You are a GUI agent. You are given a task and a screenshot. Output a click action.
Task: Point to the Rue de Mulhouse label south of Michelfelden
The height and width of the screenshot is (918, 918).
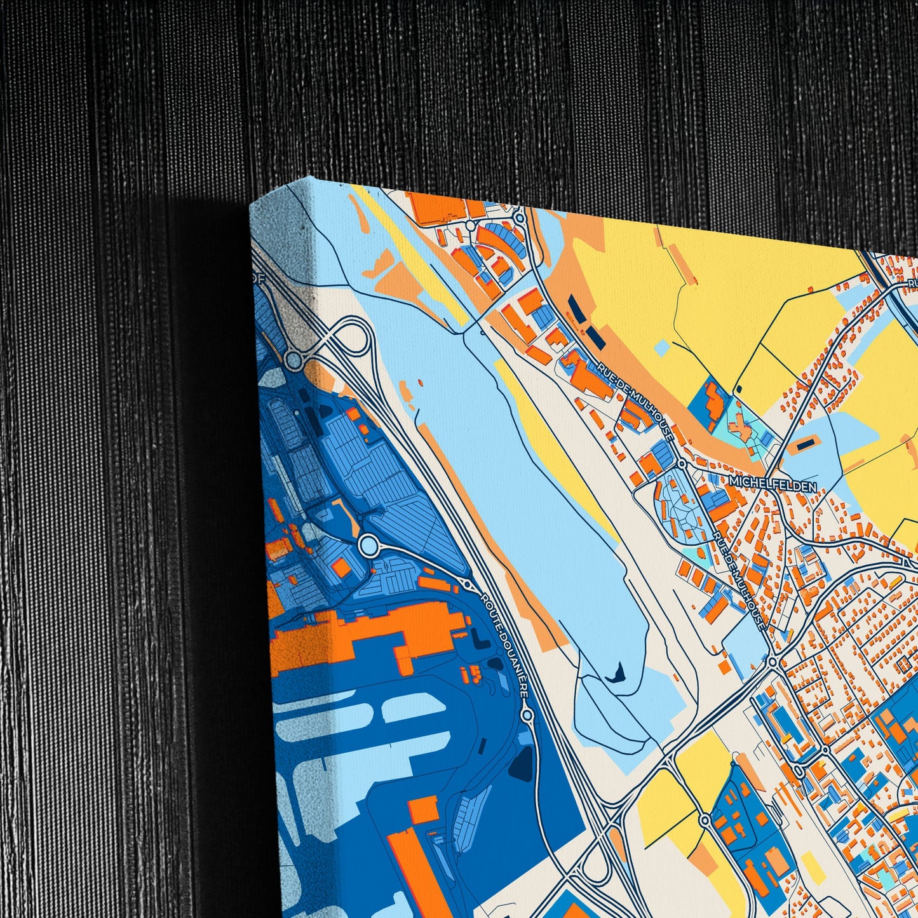(739, 581)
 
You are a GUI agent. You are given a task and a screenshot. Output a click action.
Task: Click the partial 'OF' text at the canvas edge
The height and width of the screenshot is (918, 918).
(258, 278)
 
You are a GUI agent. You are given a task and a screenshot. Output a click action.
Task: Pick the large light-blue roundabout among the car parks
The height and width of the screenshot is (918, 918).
(368, 544)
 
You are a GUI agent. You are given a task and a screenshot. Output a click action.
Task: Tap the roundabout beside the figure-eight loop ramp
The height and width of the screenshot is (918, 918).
(294, 360)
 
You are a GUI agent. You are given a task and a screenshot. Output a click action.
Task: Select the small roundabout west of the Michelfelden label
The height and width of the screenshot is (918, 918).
(682, 464)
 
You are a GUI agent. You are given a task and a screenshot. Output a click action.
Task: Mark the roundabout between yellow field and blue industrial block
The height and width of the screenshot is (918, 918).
(705, 820)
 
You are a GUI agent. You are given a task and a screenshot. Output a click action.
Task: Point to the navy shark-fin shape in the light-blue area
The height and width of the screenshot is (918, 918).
(616, 672)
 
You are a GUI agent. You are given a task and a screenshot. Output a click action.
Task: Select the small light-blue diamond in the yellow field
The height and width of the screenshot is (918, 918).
(662, 347)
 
